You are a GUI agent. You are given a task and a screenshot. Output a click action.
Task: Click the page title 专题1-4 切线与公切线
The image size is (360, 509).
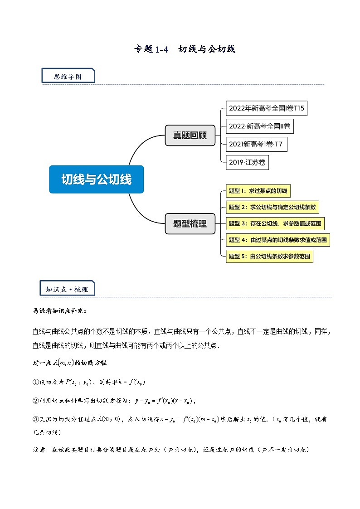[185, 49]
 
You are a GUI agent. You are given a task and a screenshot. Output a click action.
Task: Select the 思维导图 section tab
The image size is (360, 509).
[68, 76]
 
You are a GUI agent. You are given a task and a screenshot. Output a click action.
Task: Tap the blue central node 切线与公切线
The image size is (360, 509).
[97, 179]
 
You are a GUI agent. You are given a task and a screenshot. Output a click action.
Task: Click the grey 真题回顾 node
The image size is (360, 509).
[190, 135]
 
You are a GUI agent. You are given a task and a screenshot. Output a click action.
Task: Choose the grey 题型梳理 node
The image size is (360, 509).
[190, 223]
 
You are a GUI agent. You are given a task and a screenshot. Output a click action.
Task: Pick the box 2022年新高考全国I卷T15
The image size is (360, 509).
[263, 108]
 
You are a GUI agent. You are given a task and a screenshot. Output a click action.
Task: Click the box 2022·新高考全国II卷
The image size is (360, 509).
[259, 126]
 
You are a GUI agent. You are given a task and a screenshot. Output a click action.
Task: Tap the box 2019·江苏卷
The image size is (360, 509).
[247, 162]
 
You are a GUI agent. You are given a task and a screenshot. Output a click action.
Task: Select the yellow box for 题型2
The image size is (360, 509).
[272, 207]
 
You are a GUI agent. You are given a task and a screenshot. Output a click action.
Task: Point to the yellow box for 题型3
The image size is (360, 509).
[275, 223]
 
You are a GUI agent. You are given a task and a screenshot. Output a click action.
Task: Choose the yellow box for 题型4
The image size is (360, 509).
[277, 240]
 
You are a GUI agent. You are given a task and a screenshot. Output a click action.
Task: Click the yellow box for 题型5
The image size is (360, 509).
[269, 256]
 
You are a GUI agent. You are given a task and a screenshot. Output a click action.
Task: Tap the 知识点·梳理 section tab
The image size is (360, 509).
[67, 289]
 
